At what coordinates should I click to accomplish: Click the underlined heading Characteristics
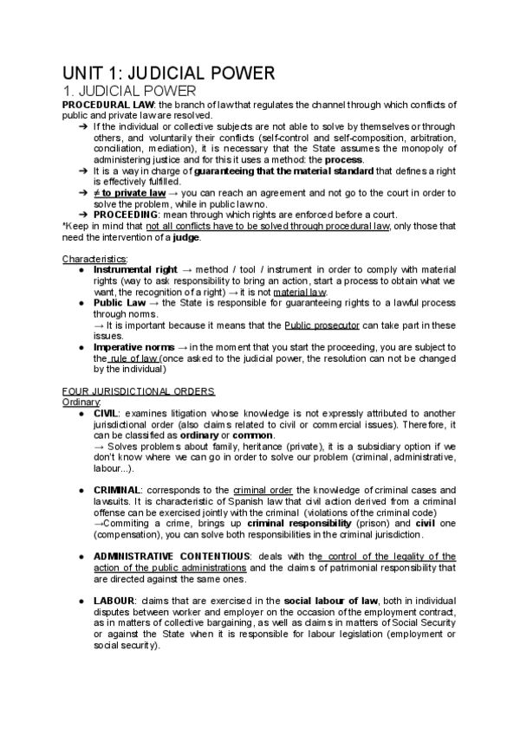pyautogui.click(x=94, y=259)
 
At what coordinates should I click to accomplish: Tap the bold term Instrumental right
pyautogui.click(x=133, y=270)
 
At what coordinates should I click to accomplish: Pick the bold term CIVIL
pyautogui.click(x=107, y=414)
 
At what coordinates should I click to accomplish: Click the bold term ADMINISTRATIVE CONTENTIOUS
pyautogui.click(x=171, y=557)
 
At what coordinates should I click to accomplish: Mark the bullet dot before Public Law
pyautogui.click(x=81, y=304)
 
